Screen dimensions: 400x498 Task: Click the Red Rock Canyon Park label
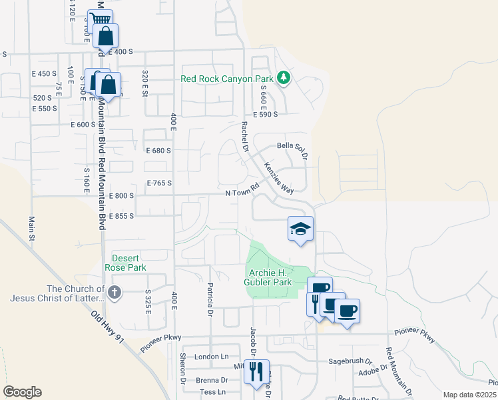(x=226, y=79)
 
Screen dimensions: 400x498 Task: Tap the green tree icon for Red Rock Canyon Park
(x=283, y=78)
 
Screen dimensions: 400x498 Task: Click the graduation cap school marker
(x=300, y=229)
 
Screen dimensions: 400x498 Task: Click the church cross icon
(x=115, y=292)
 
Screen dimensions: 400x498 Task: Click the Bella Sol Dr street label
(x=293, y=150)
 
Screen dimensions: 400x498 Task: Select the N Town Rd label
(x=241, y=191)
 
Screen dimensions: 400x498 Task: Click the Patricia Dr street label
(x=210, y=302)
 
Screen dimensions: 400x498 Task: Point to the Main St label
(x=31, y=227)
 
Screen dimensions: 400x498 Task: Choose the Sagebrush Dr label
(x=350, y=361)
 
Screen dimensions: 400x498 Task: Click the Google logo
(x=22, y=392)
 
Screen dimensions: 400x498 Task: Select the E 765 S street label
(x=159, y=183)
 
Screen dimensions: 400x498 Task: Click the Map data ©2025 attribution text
(x=469, y=395)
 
